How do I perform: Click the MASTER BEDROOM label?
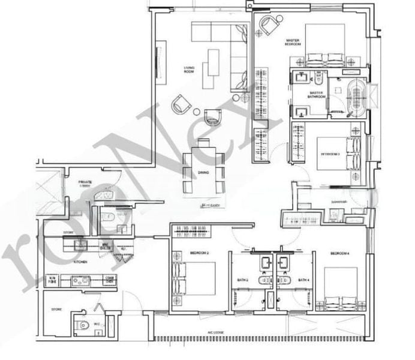tap(292, 42)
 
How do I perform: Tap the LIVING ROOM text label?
tap(190, 70)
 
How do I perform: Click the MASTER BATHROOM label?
tap(315, 94)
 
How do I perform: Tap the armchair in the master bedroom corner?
tap(269, 25)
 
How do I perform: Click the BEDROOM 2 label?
tap(199, 253)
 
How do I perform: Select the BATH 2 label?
tap(242, 280)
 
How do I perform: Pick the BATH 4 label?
tap(304, 280)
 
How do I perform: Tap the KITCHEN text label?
tap(80, 262)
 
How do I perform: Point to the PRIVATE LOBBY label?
tap(85, 184)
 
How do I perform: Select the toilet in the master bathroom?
tap(321, 78)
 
